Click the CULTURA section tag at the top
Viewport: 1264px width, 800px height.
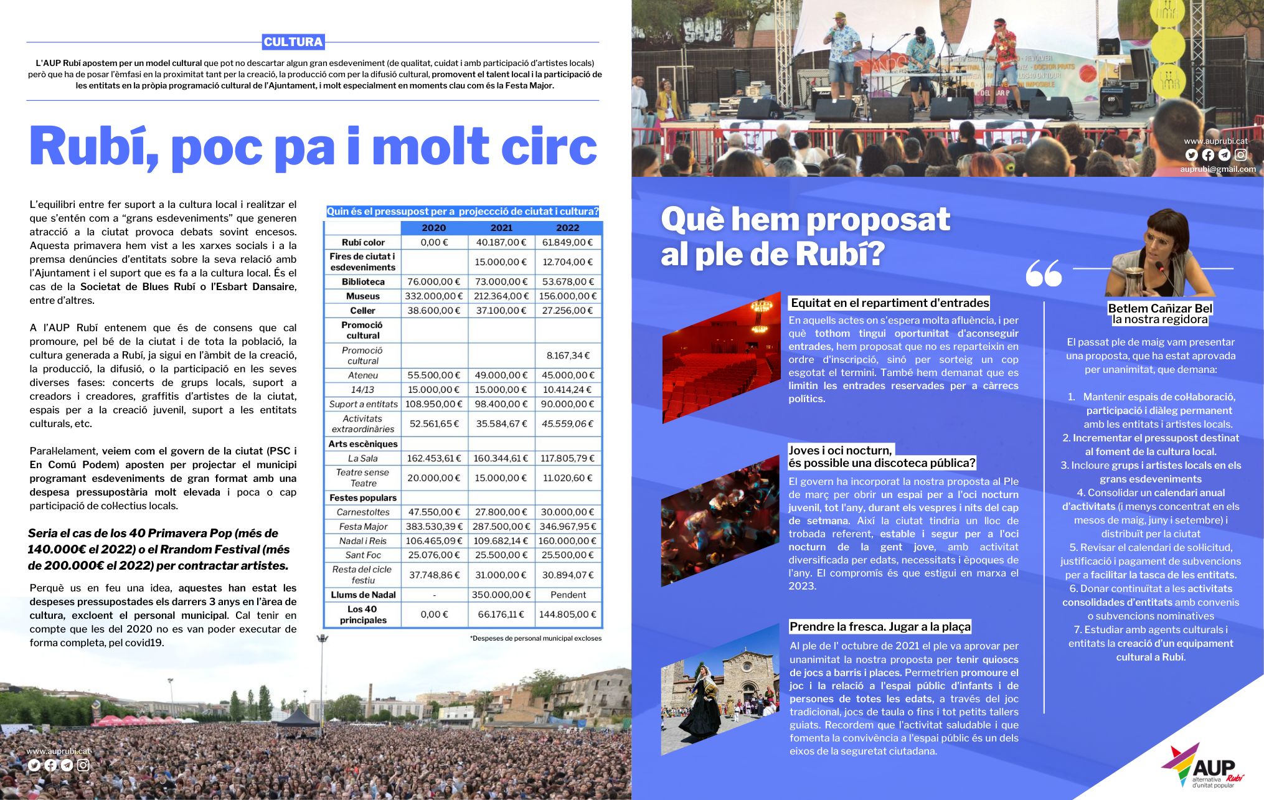293,42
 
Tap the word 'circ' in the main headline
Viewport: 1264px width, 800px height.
548,147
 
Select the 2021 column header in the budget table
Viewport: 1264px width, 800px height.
501,228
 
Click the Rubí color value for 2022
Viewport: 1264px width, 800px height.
568,242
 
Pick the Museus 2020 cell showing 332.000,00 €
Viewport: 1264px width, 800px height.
434,296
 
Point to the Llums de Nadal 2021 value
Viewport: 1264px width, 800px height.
501,595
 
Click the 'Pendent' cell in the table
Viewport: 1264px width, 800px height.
568,595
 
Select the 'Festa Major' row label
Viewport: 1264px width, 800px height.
363,527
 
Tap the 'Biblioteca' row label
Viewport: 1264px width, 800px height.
363,282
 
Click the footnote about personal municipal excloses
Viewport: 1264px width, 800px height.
535,638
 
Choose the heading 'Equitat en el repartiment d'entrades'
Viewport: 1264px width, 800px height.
889,303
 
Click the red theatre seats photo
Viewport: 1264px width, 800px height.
720,358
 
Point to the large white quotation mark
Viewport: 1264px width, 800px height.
1044,273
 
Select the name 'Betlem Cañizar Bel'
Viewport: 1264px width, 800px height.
1160,308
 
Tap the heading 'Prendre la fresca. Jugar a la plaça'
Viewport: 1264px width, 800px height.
880,627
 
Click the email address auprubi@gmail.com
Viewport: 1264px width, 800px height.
1217,169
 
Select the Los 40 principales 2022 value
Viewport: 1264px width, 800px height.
568,614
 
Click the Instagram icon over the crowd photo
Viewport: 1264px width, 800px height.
83,766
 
